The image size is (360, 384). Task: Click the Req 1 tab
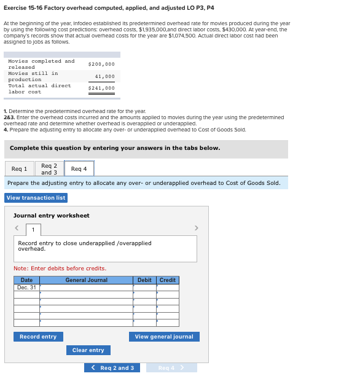click(x=19, y=169)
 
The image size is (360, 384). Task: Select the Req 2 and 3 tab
click(x=49, y=169)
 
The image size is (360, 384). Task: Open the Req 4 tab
click(x=79, y=169)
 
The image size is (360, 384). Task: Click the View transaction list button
click(x=36, y=198)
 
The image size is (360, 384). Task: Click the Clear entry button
click(x=88, y=350)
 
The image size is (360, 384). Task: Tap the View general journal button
click(x=164, y=337)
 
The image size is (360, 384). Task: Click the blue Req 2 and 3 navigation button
click(x=112, y=368)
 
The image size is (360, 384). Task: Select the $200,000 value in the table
click(x=101, y=65)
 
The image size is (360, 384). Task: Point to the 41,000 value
click(x=105, y=77)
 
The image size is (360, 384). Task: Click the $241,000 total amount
click(x=101, y=88)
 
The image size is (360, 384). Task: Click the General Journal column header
click(x=86, y=280)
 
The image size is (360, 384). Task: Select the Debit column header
click(x=144, y=280)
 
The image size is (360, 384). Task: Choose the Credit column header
click(x=168, y=280)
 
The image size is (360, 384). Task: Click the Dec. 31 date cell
click(x=26, y=288)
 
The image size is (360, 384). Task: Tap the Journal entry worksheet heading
click(x=52, y=216)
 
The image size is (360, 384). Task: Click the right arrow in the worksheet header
click(x=197, y=228)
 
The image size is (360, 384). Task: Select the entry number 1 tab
click(x=33, y=230)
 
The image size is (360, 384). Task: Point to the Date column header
click(x=26, y=280)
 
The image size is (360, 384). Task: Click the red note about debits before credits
click(x=60, y=268)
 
